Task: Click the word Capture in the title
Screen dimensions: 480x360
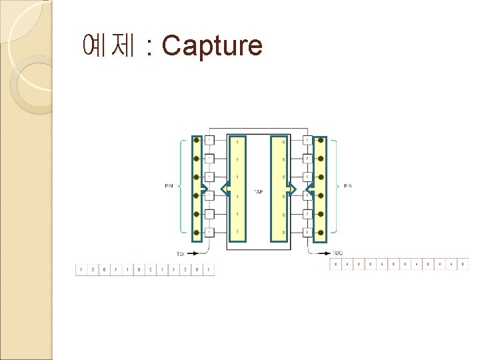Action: click(x=212, y=46)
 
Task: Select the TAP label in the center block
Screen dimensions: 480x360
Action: click(x=259, y=192)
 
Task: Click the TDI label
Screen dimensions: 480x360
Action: click(x=181, y=254)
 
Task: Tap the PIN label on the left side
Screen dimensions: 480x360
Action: click(x=169, y=185)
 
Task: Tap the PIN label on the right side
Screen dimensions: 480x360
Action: click(x=347, y=185)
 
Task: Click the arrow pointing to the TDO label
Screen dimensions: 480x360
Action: click(x=318, y=253)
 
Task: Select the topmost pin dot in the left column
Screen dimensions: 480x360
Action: click(x=196, y=141)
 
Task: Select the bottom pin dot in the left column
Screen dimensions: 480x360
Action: click(x=196, y=232)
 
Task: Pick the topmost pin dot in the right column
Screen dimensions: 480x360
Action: click(x=321, y=141)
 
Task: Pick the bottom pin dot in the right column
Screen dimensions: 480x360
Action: click(x=321, y=232)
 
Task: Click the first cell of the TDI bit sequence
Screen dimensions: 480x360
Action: click(x=81, y=270)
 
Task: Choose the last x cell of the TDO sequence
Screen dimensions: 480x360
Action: click(x=463, y=265)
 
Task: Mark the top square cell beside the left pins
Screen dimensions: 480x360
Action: click(x=209, y=141)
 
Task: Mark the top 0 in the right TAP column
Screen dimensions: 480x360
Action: click(x=283, y=141)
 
